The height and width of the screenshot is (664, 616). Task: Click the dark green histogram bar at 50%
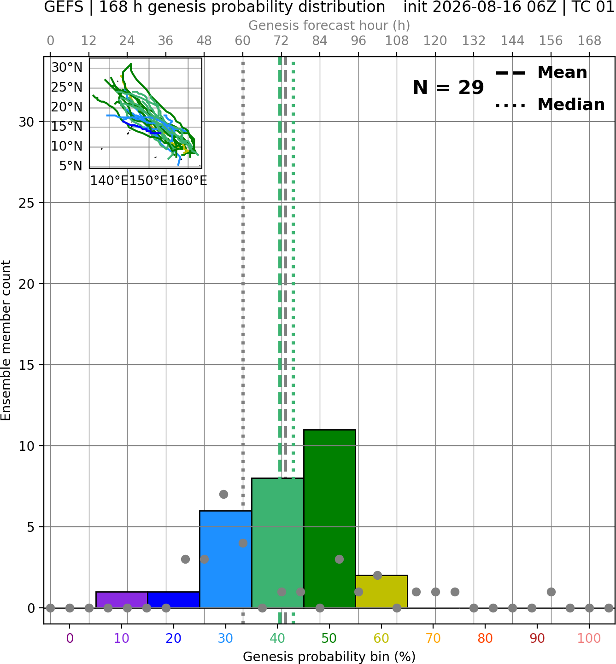click(329, 518)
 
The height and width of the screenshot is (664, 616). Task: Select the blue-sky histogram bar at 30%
click(225, 559)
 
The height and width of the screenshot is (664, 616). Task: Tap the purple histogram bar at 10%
click(122, 600)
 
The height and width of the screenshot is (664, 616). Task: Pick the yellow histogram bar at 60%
click(381, 591)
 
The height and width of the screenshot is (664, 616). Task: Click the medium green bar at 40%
click(278, 543)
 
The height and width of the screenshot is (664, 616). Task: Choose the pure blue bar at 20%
click(174, 600)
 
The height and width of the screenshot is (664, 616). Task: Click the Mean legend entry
click(541, 73)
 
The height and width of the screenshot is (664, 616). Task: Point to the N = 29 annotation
click(448, 87)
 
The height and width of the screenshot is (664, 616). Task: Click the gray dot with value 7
click(224, 494)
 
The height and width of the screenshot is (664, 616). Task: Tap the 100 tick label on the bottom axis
click(589, 638)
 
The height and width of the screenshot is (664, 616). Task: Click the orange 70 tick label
click(433, 638)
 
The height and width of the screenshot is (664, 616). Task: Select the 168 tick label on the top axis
click(589, 41)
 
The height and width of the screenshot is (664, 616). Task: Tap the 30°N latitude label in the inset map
click(67, 68)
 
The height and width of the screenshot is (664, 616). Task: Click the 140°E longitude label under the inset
click(109, 181)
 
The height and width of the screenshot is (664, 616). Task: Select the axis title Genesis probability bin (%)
click(329, 657)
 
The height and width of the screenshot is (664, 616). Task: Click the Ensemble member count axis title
click(6, 340)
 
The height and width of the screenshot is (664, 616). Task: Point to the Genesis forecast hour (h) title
click(329, 25)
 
